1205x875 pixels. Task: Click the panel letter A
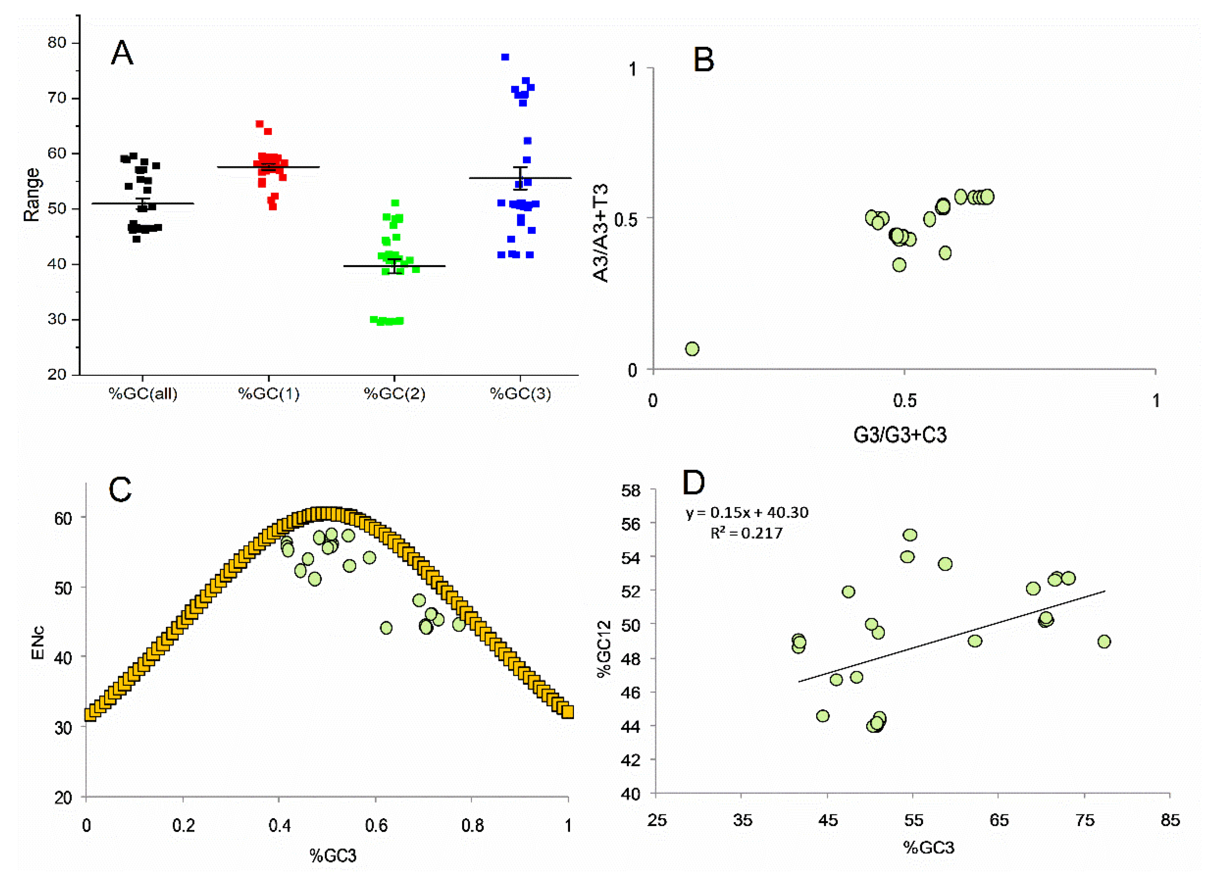(x=122, y=53)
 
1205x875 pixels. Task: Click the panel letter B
(x=703, y=60)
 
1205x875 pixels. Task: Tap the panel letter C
(x=120, y=489)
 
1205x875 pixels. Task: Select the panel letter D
(x=693, y=483)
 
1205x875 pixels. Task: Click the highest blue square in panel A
(x=505, y=57)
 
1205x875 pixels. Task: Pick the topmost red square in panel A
(x=259, y=124)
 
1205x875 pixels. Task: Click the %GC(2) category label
(x=394, y=394)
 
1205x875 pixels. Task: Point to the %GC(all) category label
(x=143, y=394)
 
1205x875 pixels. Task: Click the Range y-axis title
(x=32, y=195)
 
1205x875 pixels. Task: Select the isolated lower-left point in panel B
(x=692, y=349)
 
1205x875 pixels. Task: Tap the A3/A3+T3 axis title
(x=601, y=233)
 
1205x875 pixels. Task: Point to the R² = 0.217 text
(x=746, y=533)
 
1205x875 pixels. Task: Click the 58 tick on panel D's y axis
(x=631, y=490)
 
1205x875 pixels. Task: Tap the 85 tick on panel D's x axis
(x=1170, y=820)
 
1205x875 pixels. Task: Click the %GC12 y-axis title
(x=604, y=649)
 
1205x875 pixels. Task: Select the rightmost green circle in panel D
(x=1104, y=642)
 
